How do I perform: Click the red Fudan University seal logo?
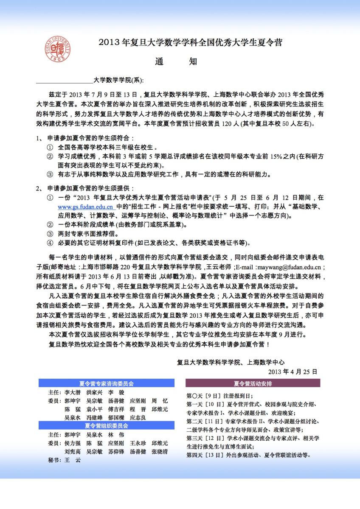[58, 49]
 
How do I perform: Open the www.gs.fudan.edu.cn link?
[85, 207]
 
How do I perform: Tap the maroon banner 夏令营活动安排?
[253, 383]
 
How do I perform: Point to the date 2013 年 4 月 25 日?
[292, 371]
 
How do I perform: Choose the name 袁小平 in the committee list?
[94, 409]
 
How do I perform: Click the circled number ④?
[50, 243]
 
